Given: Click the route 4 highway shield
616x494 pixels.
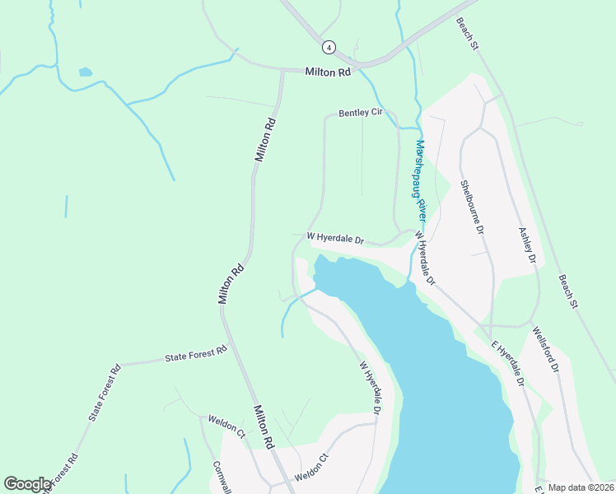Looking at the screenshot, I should [329, 48].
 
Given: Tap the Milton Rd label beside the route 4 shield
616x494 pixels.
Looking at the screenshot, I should [328, 72].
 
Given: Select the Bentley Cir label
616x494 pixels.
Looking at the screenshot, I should [362, 113].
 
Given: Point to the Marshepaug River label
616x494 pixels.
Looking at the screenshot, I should [421, 179].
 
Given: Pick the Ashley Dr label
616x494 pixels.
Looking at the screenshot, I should [527, 245].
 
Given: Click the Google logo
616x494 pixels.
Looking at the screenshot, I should [27, 484].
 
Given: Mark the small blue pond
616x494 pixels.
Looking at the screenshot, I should [85, 72].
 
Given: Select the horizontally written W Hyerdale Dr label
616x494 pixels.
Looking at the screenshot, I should [335, 238].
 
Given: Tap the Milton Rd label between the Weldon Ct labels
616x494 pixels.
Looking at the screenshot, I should [263, 426].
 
